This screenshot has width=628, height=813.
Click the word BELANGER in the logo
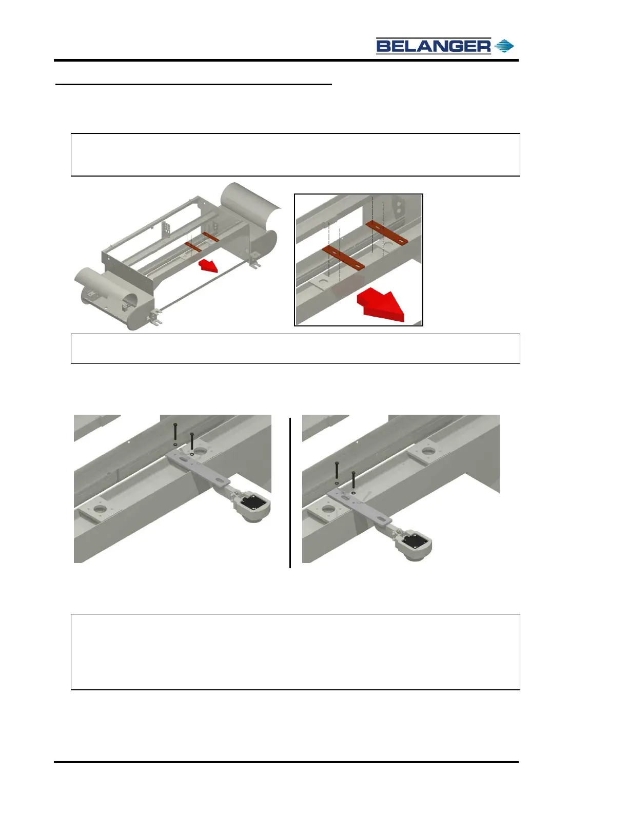point(433,46)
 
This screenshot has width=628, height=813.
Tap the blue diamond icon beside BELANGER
point(504,46)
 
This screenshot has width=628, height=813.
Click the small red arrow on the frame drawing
point(208,266)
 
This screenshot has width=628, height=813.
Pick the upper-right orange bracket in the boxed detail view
point(387,233)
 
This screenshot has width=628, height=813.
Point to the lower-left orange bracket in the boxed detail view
point(343,258)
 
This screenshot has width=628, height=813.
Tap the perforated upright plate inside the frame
point(165,228)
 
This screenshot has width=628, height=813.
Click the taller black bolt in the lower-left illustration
point(175,432)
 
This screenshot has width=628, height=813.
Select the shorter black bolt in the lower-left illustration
point(192,441)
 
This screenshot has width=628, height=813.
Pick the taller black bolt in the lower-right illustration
point(337,470)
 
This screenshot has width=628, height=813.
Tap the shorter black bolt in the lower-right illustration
point(354,480)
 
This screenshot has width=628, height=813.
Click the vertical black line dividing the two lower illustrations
point(290,492)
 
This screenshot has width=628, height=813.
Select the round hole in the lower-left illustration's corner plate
point(100,509)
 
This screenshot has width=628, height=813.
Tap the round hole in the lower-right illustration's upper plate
point(426,451)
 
